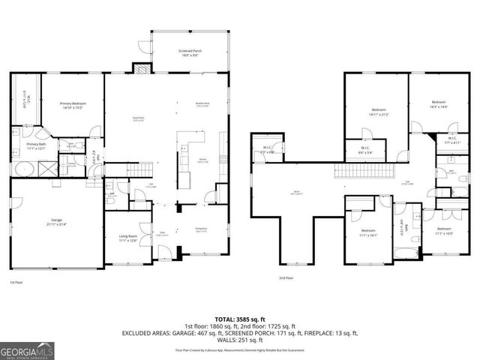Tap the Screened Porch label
190,52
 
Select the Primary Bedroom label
73,106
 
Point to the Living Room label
127,238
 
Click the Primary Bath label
37,145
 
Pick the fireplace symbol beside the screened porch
141,68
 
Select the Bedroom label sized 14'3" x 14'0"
439,104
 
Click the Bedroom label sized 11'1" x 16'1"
367,232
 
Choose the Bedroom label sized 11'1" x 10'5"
443,231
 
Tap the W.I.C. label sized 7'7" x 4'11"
452,139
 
